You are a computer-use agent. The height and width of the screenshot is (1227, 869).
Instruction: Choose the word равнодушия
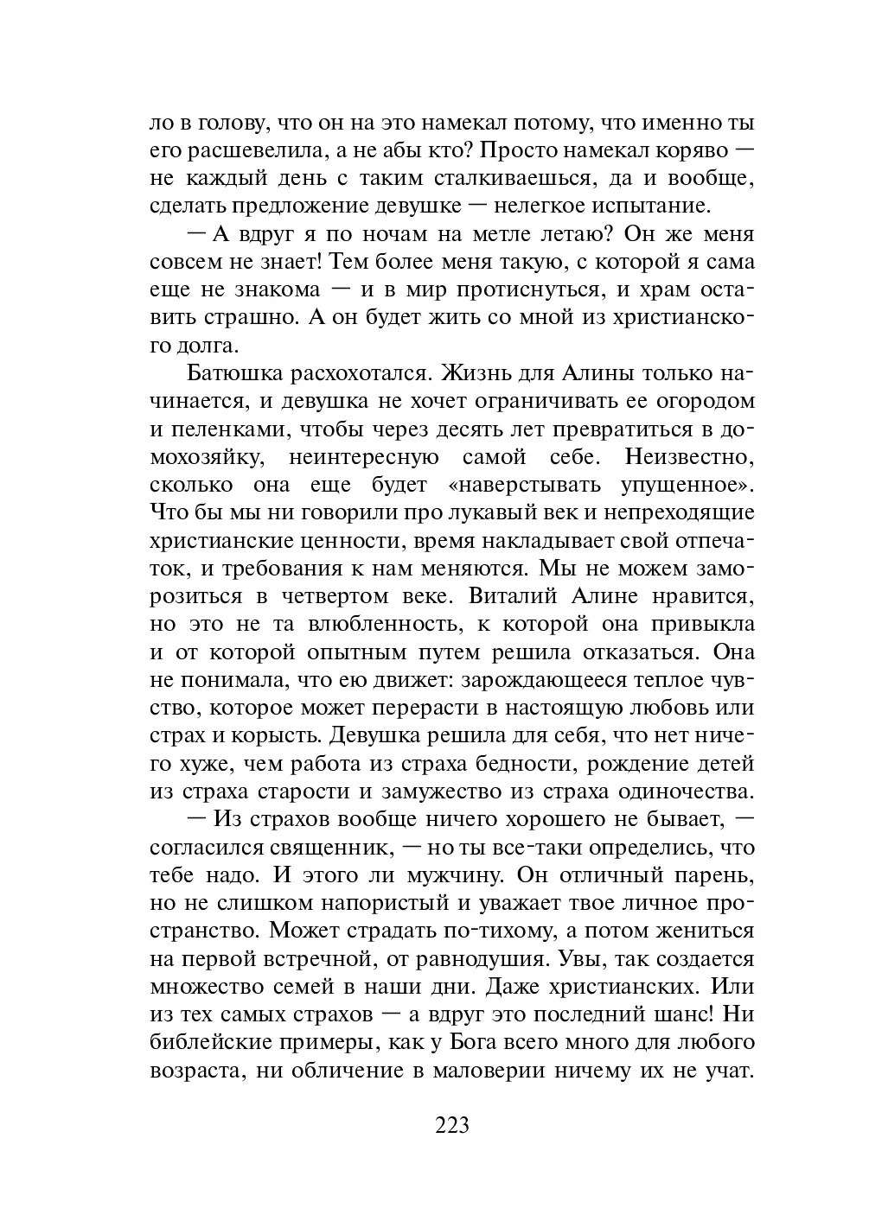473,959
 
